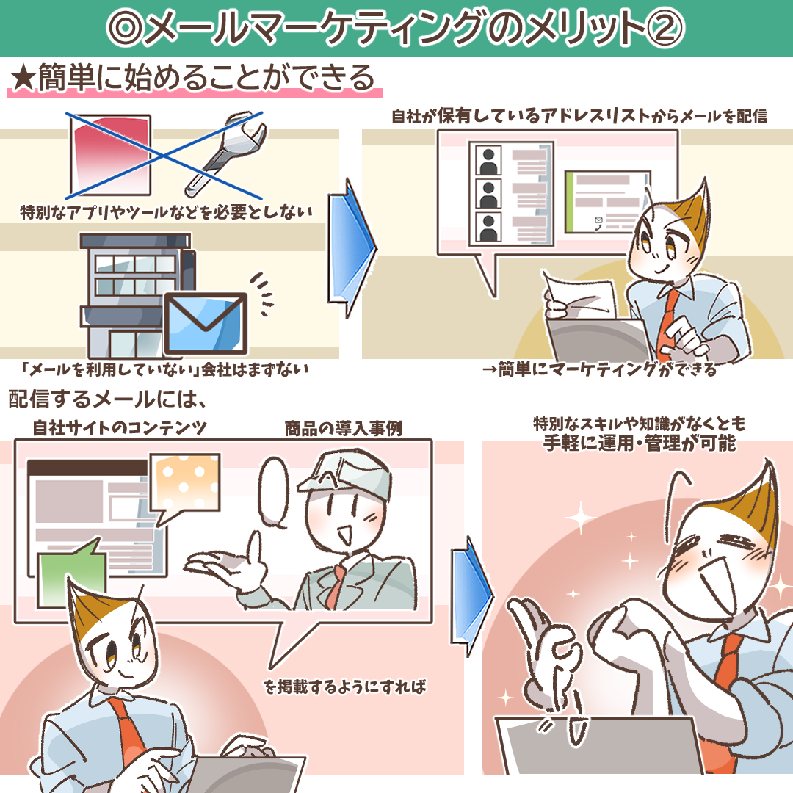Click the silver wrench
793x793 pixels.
coord(225,153)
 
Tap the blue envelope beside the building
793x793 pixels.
coord(206,324)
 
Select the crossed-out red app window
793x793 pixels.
coord(109,155)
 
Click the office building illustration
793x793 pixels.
coord(137,296)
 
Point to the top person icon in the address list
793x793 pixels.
coord(488,160)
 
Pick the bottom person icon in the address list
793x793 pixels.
coord(488,227)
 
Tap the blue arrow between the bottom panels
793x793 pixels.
coord(471,597)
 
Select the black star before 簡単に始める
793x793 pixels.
coord(23,79)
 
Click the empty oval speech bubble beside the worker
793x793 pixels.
coord(274,493)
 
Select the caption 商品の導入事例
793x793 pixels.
coord(344,428)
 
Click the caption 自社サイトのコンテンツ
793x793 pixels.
coord(120,428)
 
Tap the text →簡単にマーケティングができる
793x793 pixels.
coord(600,369)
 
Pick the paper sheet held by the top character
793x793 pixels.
coord(582,296)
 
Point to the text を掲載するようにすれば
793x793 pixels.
coord(345,687)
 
